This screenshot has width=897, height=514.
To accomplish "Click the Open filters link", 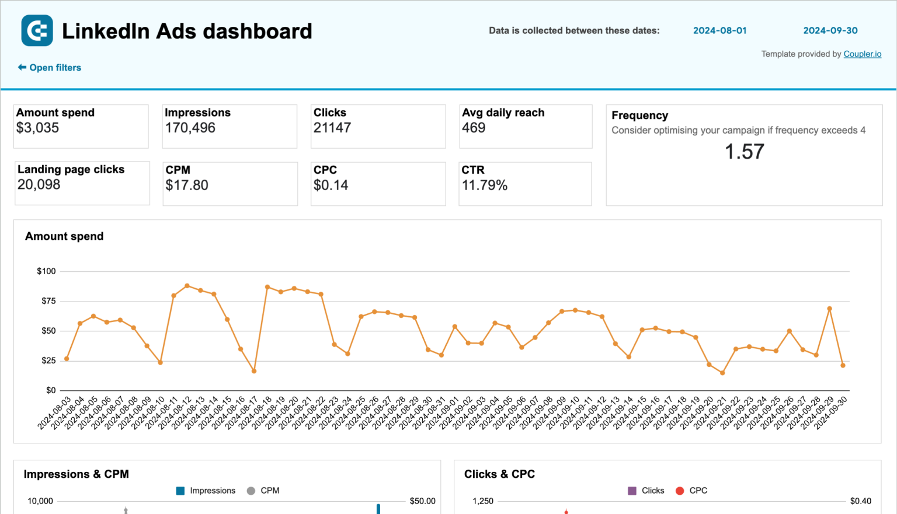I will [50, 68].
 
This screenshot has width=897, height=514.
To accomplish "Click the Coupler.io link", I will [862, 54].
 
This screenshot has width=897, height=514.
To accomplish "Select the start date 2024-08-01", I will [719, 31].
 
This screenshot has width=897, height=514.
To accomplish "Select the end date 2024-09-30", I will [830, 31].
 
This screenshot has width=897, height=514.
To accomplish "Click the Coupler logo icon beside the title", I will [37, 30].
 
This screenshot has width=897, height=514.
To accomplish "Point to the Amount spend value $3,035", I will [38, 128].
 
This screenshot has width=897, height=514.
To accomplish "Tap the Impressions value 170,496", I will [190, 128].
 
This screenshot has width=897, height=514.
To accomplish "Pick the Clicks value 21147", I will [332, 128].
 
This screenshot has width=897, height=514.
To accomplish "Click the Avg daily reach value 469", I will [474, 128].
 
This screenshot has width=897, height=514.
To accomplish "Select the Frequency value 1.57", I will [744, 152].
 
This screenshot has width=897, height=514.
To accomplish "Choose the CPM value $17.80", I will [187, 186].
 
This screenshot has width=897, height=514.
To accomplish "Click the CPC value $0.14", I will [331, 186].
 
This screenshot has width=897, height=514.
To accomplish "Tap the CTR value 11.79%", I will [485, 186].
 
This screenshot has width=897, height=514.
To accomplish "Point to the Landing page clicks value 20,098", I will [39, 185].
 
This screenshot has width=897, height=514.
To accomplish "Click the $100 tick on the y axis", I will [46, 271].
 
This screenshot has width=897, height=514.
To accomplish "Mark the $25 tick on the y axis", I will [48, 361].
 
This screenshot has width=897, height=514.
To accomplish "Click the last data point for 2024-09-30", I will [843, 366].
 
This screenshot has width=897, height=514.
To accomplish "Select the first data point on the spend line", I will [67, 359].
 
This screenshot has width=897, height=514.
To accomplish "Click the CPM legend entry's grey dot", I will [251, 491].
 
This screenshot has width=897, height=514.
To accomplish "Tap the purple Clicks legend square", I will [632, 491].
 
